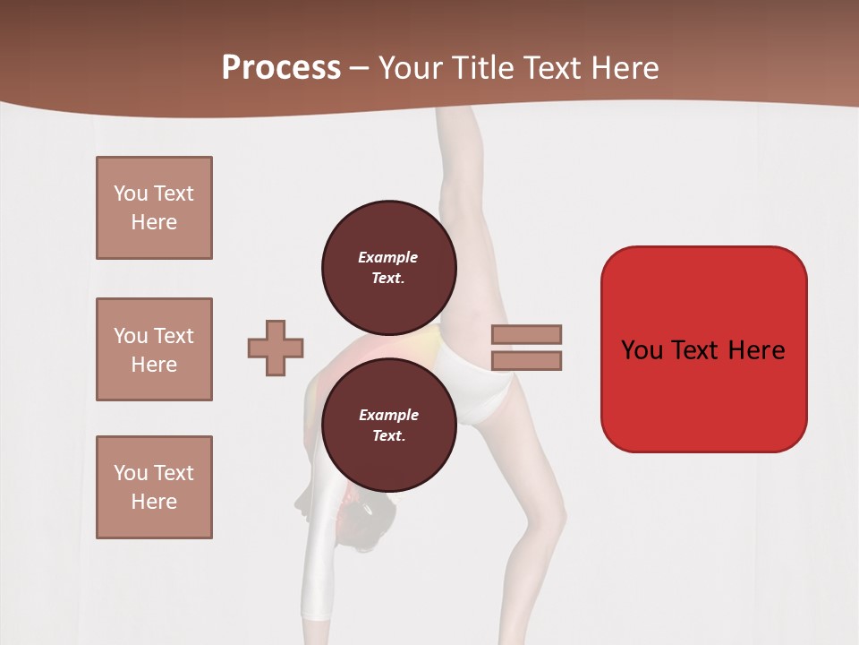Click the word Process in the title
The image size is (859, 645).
pos(281,68)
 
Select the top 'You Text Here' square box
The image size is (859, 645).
pos(154,208)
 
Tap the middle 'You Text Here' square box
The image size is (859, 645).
pos(154,349)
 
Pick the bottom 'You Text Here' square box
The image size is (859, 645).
pos(154,487)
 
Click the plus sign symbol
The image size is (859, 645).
pos(276,347)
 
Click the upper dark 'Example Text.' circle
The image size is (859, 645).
pos(388,267)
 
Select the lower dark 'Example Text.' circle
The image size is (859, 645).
pos(388,425)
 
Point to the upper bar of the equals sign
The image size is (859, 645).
pos(526,334)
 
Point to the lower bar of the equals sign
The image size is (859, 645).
pos(526,361)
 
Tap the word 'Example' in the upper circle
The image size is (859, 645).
pos(388,257)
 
